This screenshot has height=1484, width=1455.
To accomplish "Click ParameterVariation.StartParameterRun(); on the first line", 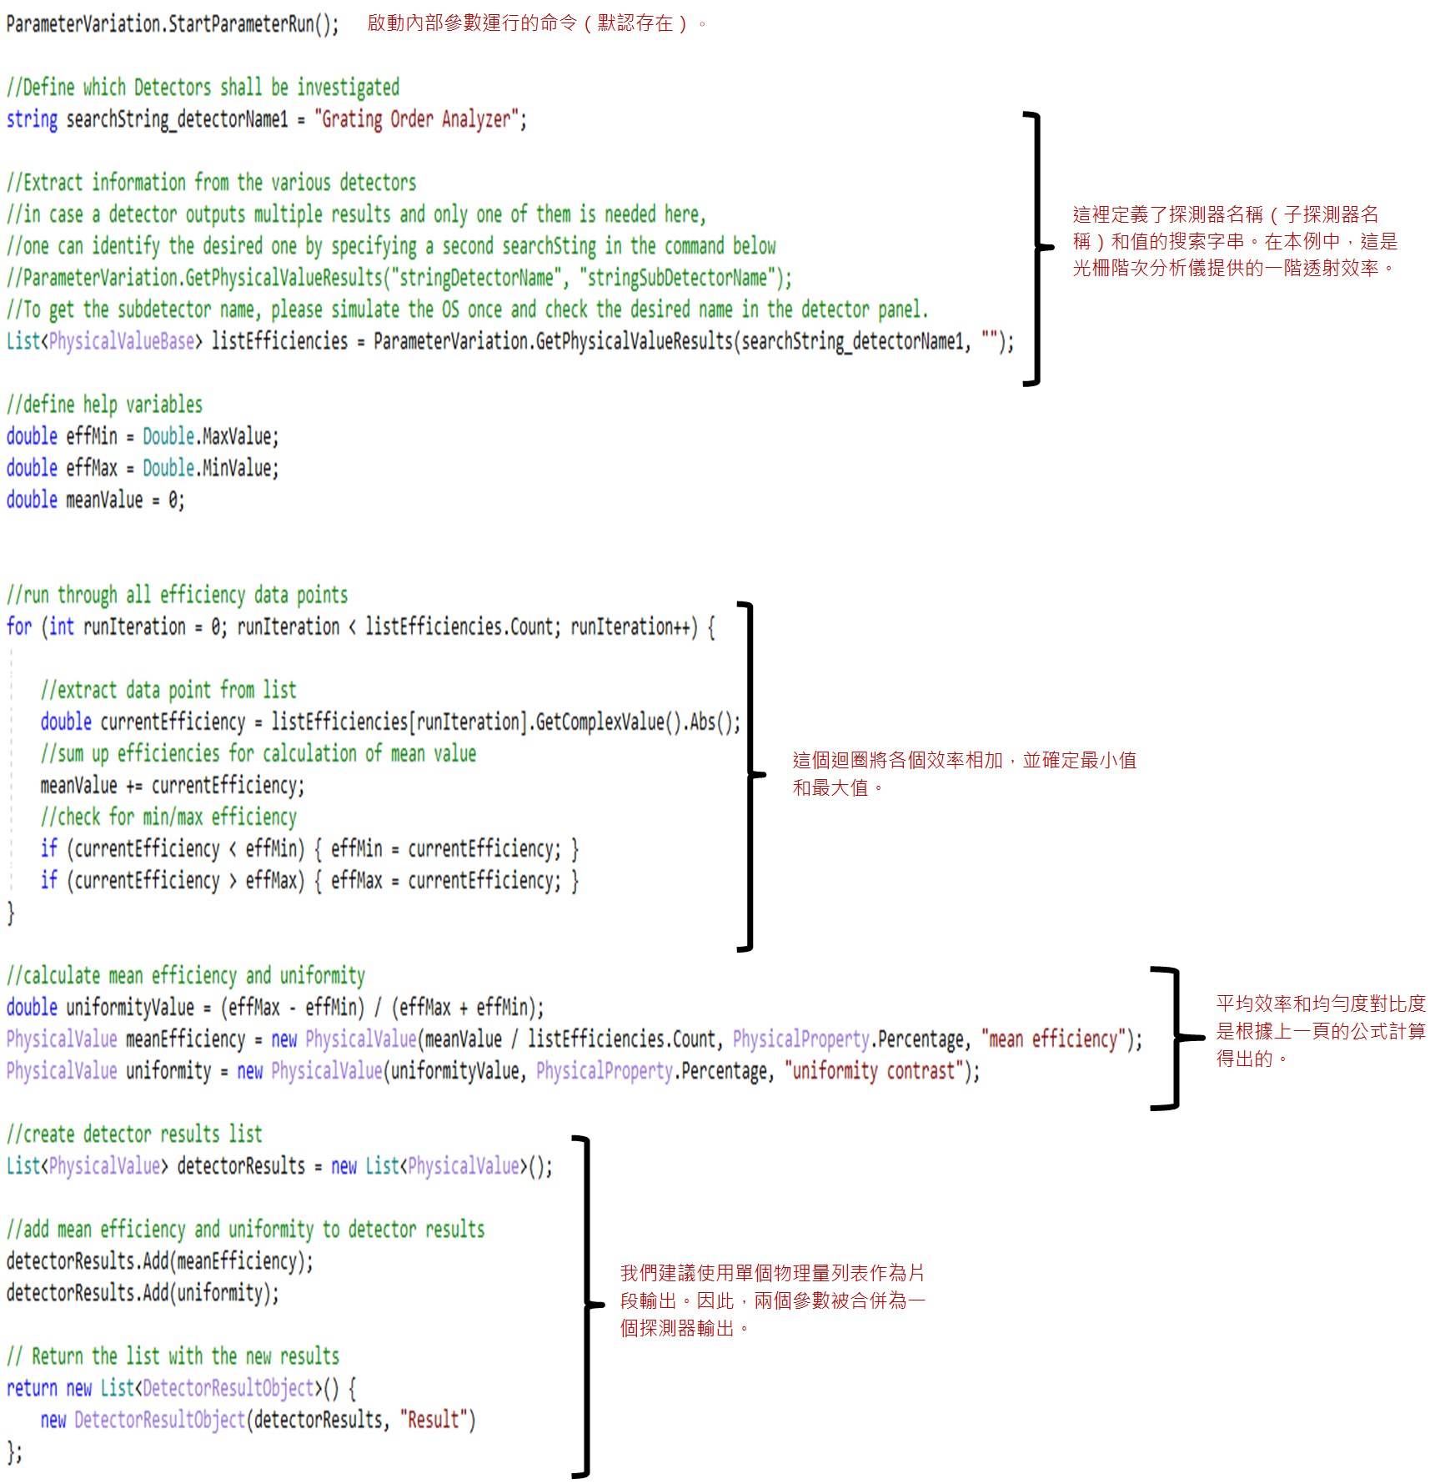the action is click(x=173, y=24).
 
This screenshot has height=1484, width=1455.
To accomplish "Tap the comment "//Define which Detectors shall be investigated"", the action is click(x=203, y=88).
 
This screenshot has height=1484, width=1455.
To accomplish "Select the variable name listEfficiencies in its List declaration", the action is click(x=279, y=341).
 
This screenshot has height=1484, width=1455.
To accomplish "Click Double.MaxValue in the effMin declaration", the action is click(x=210, y=436).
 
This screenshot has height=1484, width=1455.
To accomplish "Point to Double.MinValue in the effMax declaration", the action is click(x=210, y=468).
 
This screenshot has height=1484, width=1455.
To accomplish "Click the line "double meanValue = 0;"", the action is click(x=95, y=500).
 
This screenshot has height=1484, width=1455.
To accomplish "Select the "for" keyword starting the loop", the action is click(x=19, y=626).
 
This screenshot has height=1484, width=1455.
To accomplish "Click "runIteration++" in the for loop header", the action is click(x=633, y=626).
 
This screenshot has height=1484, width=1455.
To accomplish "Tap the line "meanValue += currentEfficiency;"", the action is click(x=173, y=785).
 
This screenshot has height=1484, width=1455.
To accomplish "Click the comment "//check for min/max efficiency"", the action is click(x=168, y=817).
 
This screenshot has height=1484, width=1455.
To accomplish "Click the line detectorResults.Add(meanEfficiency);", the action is click(x=160, y=1260).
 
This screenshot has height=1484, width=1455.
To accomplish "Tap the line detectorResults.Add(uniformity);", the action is click(x=143, y=1292).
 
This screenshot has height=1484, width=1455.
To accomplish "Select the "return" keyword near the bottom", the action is click(x=32, y=1387).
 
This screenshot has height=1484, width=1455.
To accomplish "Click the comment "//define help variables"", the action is click(x=104, y=405).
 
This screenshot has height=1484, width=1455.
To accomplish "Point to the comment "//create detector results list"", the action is click(x=134, y=1134).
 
